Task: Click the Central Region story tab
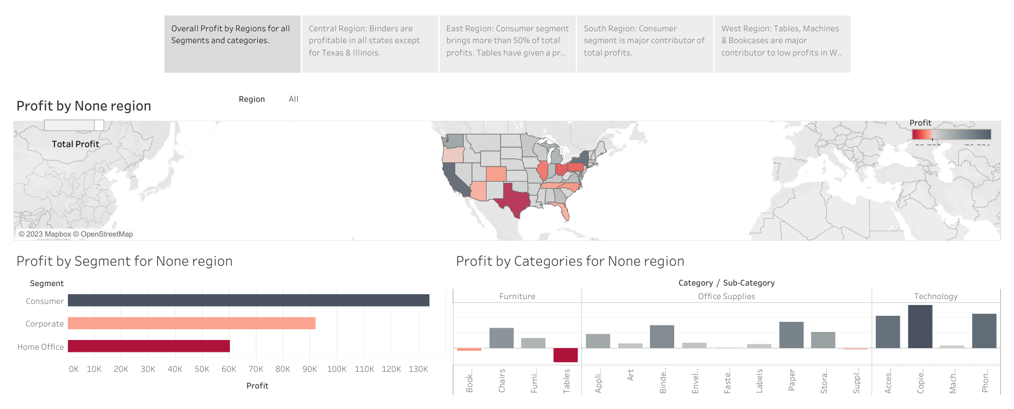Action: [x=369, y=44]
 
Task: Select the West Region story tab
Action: [x=782, y=44]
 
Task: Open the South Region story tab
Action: [x=645, y=44]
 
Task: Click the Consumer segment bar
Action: [x=248, y=300]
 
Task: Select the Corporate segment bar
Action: [x=191, y=323]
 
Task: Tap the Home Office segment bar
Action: [x=148, y=346]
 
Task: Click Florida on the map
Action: [x=564, y=212]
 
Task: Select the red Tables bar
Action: [x=565, y=355]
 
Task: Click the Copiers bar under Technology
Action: [x=920, y=327]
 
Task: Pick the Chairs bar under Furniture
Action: [x=501, y=338]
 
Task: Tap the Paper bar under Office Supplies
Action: [x=791, y=335]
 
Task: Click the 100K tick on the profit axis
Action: [x=337, y=369]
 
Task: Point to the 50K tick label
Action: [x=202, y=369]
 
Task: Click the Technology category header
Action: [x=936, y=296]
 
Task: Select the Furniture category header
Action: [x=517, y=296]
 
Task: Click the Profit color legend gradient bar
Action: [x=951, y=134]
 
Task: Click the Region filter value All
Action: [x=293, y=99]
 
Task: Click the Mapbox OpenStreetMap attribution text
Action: [x=76, y=234]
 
